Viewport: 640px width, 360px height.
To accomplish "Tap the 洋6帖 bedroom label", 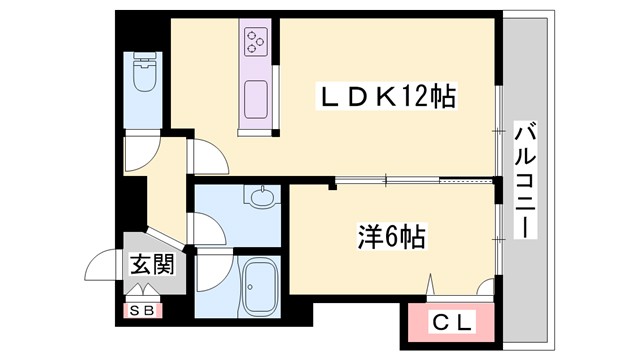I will (392, 237).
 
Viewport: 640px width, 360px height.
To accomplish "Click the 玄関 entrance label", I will (150, 265).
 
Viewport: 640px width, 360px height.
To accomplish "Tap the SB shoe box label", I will (142, 311).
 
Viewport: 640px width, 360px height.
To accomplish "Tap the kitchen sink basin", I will (254, 97).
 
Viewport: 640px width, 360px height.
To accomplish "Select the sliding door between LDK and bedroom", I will (415, 180).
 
